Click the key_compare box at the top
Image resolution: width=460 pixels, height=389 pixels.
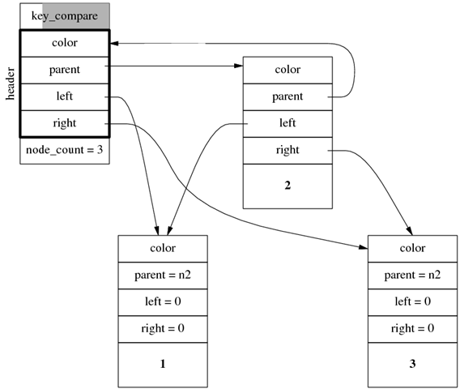pos(65,16)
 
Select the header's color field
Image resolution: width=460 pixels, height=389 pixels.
pos(65,43)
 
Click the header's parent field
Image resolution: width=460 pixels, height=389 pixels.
pos(65,70)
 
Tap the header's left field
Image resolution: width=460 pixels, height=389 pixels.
pos(65,96)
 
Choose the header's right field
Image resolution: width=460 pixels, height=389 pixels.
pos(65,123)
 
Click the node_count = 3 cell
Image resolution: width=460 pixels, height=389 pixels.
pos(65,151)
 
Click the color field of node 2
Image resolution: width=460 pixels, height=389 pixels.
pos(287,70)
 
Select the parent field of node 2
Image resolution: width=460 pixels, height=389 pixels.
pos(287,96)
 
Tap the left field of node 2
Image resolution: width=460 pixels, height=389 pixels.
pos(287,123)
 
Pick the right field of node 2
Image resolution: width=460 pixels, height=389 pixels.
pos(287,150)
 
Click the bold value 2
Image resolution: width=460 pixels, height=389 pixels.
pos(287,186)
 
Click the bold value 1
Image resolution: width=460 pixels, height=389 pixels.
pos(163,364)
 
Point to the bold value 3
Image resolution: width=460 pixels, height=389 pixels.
pos(412,364)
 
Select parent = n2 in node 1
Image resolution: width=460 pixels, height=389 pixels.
pos(163,275)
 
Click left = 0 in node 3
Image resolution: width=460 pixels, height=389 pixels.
pos(412,301)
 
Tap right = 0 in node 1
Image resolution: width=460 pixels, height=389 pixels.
pos(163,328)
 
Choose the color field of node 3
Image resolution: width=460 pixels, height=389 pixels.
pos(412,248)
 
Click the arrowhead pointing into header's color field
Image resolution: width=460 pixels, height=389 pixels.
pos(115,43)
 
